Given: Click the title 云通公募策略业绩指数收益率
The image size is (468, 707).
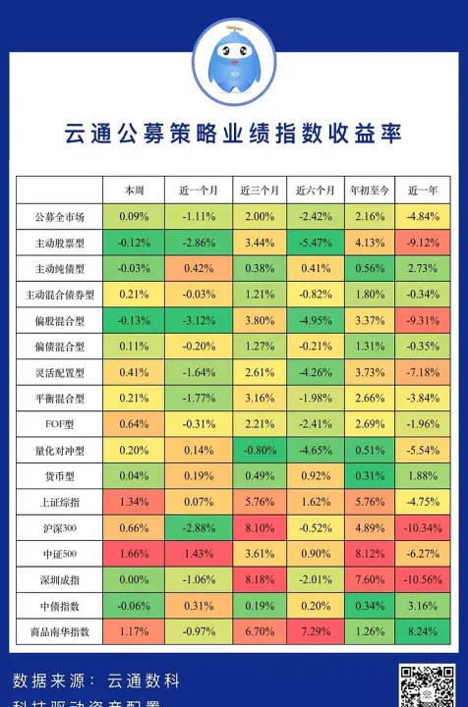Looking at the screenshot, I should point(234,133).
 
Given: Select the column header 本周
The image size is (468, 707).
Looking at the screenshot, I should point(134,190).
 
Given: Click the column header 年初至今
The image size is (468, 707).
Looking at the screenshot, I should point(370,190).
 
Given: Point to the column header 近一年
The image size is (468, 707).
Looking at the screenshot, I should point(423,190).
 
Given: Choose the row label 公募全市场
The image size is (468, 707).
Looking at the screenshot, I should point(59,216).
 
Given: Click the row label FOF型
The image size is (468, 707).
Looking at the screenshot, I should point(59,424).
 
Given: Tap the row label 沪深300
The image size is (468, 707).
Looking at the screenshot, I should point(59,528).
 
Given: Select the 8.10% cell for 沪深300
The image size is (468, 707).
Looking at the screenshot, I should point(260,528).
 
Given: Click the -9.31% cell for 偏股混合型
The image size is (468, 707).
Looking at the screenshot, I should point(423,320).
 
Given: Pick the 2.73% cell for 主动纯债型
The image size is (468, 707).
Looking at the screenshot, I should point(423,268).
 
